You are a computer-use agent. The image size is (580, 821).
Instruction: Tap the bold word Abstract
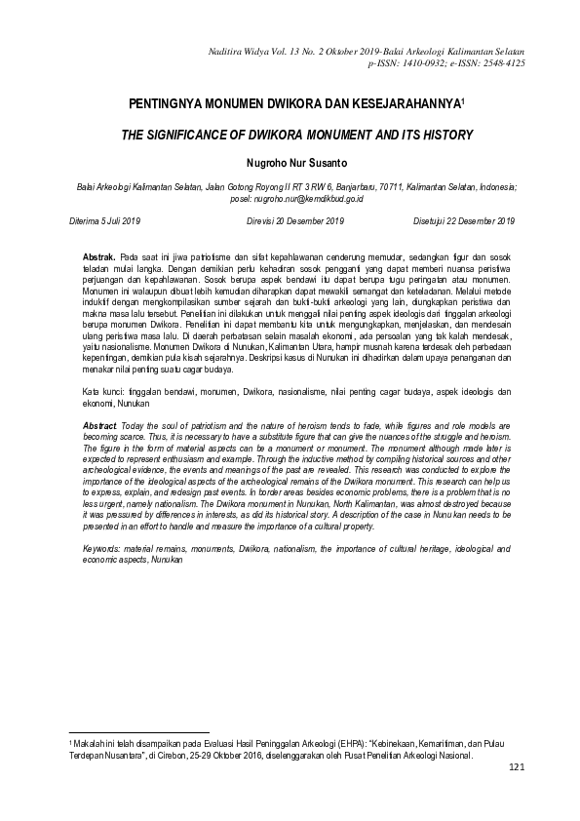(x=97, y=427)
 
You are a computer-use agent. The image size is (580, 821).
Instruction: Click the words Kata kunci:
(x=102, y=391)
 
